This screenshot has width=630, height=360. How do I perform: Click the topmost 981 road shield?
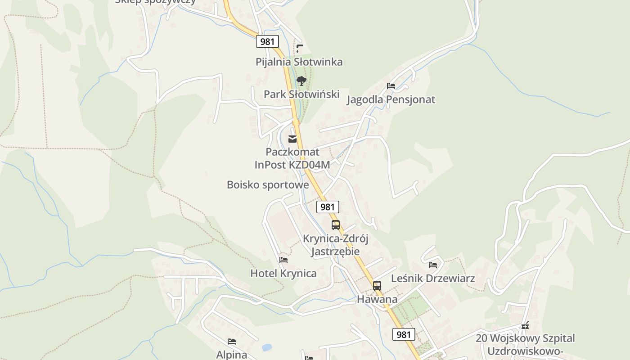(x=267, y=41)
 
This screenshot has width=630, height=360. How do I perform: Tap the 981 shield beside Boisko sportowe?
(x=328, y=207)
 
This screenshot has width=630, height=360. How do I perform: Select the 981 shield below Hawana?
(x=404, y=334)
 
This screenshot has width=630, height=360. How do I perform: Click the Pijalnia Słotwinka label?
(x=299, y=62)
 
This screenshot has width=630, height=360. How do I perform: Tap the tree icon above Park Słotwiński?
(x=301, y=81)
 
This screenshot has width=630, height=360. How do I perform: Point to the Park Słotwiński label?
(x=301, y=94)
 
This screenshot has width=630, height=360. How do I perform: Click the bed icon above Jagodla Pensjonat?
(x=391, y=86)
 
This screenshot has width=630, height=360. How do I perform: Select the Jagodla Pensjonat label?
(x=391, y=99)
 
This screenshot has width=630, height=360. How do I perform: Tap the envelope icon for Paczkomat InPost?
(x=292, y=139)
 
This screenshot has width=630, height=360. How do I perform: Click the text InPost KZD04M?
(x=292, y=165)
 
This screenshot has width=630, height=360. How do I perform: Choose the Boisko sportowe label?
(x=268, y=184)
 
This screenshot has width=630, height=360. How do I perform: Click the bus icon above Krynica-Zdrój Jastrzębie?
(x=336, y=225)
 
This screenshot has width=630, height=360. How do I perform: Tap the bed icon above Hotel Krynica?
(x=283, y=260)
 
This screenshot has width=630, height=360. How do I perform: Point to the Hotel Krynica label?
(x=283, y=273)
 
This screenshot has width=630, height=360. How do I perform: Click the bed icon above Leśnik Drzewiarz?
(x=433, y=265)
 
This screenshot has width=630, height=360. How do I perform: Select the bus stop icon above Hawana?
(x=377, y=285)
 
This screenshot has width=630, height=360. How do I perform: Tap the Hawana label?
(x=377, y=299)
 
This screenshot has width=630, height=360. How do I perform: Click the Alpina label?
(x=232, y=355)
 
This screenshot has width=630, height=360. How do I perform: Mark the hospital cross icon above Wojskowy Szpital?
(x=525, y=325)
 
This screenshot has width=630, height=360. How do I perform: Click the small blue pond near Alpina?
(x=267, y=347)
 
